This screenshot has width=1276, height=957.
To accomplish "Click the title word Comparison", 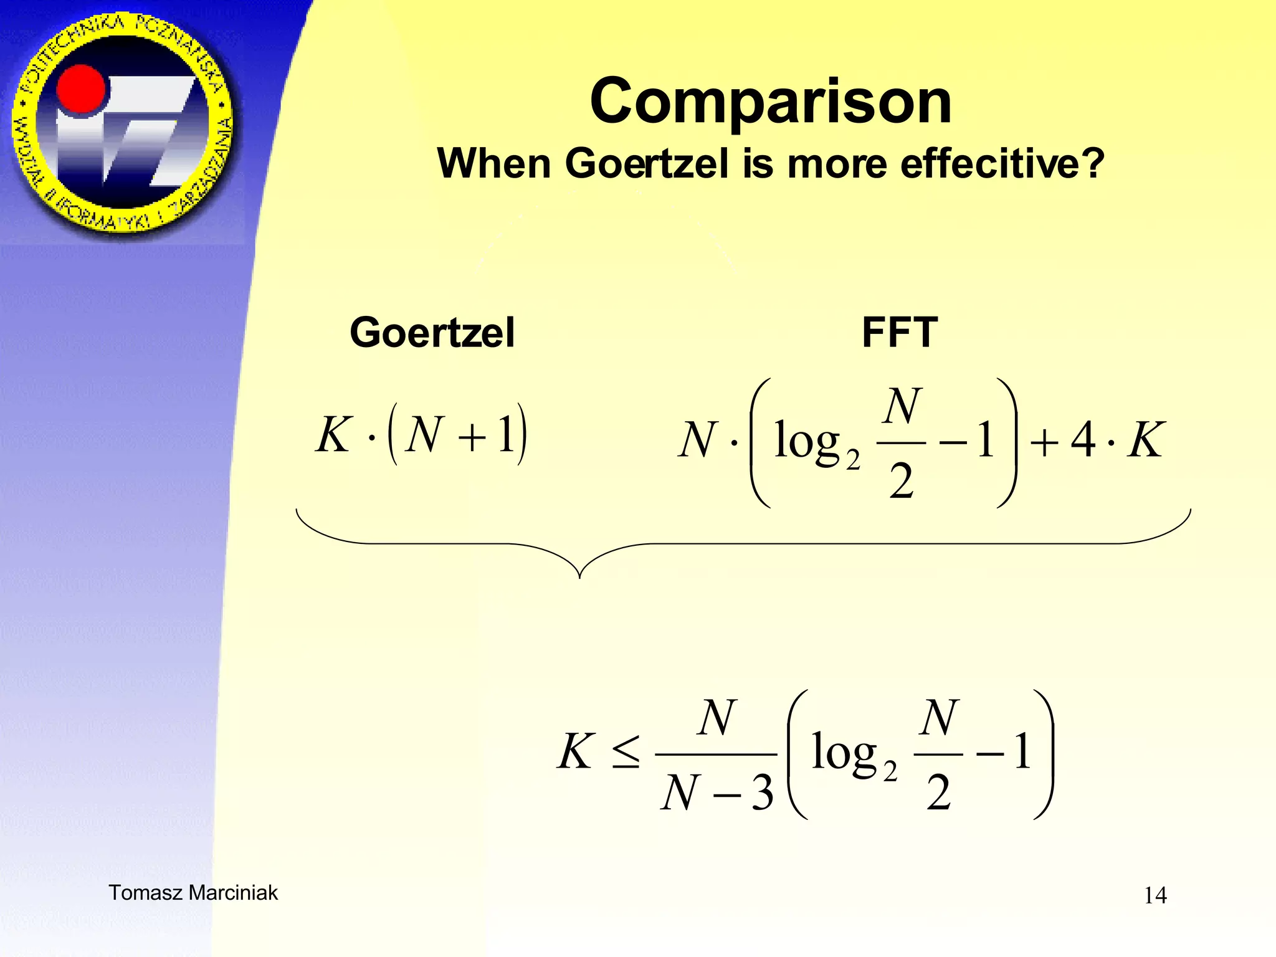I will pyautogui.click(x=771, y=101).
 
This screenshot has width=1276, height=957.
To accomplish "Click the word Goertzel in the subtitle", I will pyautogui.click(x=647, y=164).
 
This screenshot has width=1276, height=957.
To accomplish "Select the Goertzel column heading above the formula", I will pyautogui.click(x=432, y=332).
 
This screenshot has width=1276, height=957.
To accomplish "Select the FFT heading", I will pyautogui.click(x=899, y=332).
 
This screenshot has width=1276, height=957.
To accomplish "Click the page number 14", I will pyautogui.click(x=1155, y=895).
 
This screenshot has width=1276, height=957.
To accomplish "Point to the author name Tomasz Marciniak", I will pyautogui.click(x=193, y=893).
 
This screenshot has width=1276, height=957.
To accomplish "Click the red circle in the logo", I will pyautogui.click(x=81, y=91).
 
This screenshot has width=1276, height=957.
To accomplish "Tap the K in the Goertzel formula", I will pyautogui.click(x=333, y=434).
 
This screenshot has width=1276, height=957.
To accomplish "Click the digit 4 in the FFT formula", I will pyautogui.click(x=1083, y=440).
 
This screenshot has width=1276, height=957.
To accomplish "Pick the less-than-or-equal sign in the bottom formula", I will pyautogui.click(x=625, y=751).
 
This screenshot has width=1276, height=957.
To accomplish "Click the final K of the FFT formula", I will pyautogui.click(x=1145, y=440).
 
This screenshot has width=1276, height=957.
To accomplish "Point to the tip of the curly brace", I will pyautogui.click(x=579, y=576).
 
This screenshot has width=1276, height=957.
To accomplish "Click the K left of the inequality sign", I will pyautogui.click(x=574, y=751).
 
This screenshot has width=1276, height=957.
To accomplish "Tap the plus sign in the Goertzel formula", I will pyautogui.click(x=472, y=436).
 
